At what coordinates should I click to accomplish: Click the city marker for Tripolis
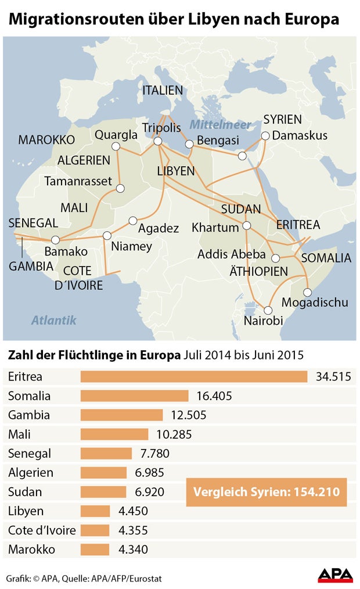click(157, 141)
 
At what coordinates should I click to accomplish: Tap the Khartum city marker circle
click(246, 226)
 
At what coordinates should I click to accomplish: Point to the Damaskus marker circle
click(265, 136)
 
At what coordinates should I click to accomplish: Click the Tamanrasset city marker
click(120, 188)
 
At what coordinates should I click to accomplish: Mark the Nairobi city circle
click(268, 310)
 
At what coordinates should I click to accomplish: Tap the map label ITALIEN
click(163, 91)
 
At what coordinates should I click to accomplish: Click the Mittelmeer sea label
click(221, 125)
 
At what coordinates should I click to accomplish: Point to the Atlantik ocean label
click(54, 320)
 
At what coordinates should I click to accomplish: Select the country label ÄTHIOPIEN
click(258, 271)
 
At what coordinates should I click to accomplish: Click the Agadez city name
click(159, 228)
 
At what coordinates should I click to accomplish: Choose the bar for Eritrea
click(193, 377)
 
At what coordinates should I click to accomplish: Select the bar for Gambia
click(121, 415)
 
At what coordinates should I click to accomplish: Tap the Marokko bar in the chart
click(95, 549)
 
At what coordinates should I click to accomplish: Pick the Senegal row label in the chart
click(30, 454)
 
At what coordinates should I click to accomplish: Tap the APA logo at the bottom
click(336, 575)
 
